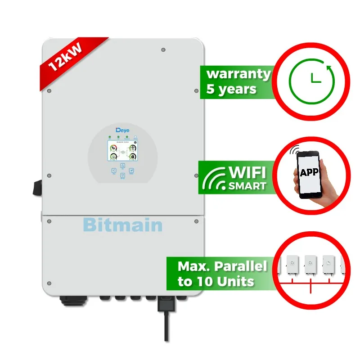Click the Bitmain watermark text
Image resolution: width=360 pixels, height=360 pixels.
coord(123,224)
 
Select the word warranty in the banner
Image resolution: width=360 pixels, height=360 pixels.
coord(238,73)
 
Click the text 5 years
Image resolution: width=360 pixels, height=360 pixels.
coord(231,89)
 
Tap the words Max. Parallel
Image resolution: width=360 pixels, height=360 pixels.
coord(222,266)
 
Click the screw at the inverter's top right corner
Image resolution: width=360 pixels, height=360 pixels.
coord(162,49)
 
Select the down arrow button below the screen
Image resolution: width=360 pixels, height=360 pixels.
coord(122,176)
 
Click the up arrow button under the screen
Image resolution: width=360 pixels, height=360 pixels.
coord(122,165)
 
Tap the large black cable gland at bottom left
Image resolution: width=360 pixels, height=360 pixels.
coord(71,300)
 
